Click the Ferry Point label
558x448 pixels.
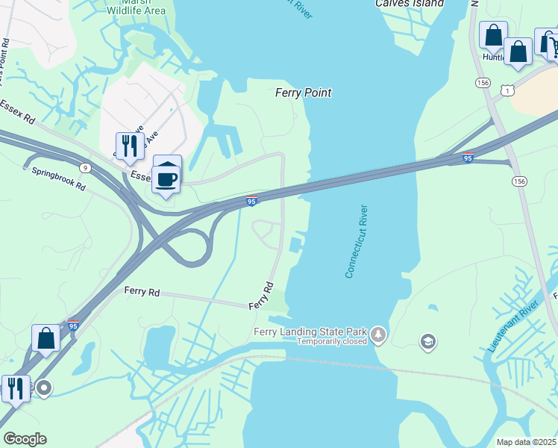(x=303, y=93)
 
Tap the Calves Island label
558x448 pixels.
(x=410, y=4)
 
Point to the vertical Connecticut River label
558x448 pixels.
(x=360, y=242)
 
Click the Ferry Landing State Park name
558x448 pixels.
(x=311, y=331)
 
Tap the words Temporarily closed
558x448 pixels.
(x=332, y=341)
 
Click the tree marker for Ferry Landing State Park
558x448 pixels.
(x=379, y=333)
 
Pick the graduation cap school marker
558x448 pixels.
(x=428, y=342)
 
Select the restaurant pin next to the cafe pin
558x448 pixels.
(x=130, y=145)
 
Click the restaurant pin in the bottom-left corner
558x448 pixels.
(x=14, y=388)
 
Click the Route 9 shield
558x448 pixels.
(x=86, y=167)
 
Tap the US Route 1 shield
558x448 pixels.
(x=508, y=90)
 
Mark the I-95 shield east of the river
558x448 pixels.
(x=468, y=158)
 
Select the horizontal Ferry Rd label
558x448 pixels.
(x=142, y=291)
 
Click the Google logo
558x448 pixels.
(x=25, y=439)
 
